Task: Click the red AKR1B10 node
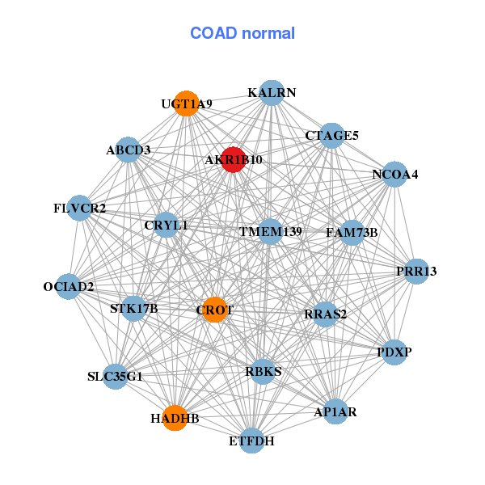[x=234, y=159]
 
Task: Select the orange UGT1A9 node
[x=187, y=103]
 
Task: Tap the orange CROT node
[x=214, y=310]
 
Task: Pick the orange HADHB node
[x=175, y=418]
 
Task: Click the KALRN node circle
[x=272, y=93]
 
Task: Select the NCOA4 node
[x=394, y=175]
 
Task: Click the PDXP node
[x=394, y=352]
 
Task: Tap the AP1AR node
[x=335, y=412]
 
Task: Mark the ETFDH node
[x=252, y=441]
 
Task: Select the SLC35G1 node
[x=116, y=376]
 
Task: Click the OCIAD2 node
[x=69, y=286]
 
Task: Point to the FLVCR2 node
[x=79, y=209]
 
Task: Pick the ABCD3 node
[x=128, y=150]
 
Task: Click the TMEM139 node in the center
[x=270, y=232]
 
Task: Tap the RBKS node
[x=264, y=372]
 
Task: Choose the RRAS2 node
[x=325, y=314]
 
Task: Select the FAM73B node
[x=352, y=233]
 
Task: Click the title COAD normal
[x=242, y=34]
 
